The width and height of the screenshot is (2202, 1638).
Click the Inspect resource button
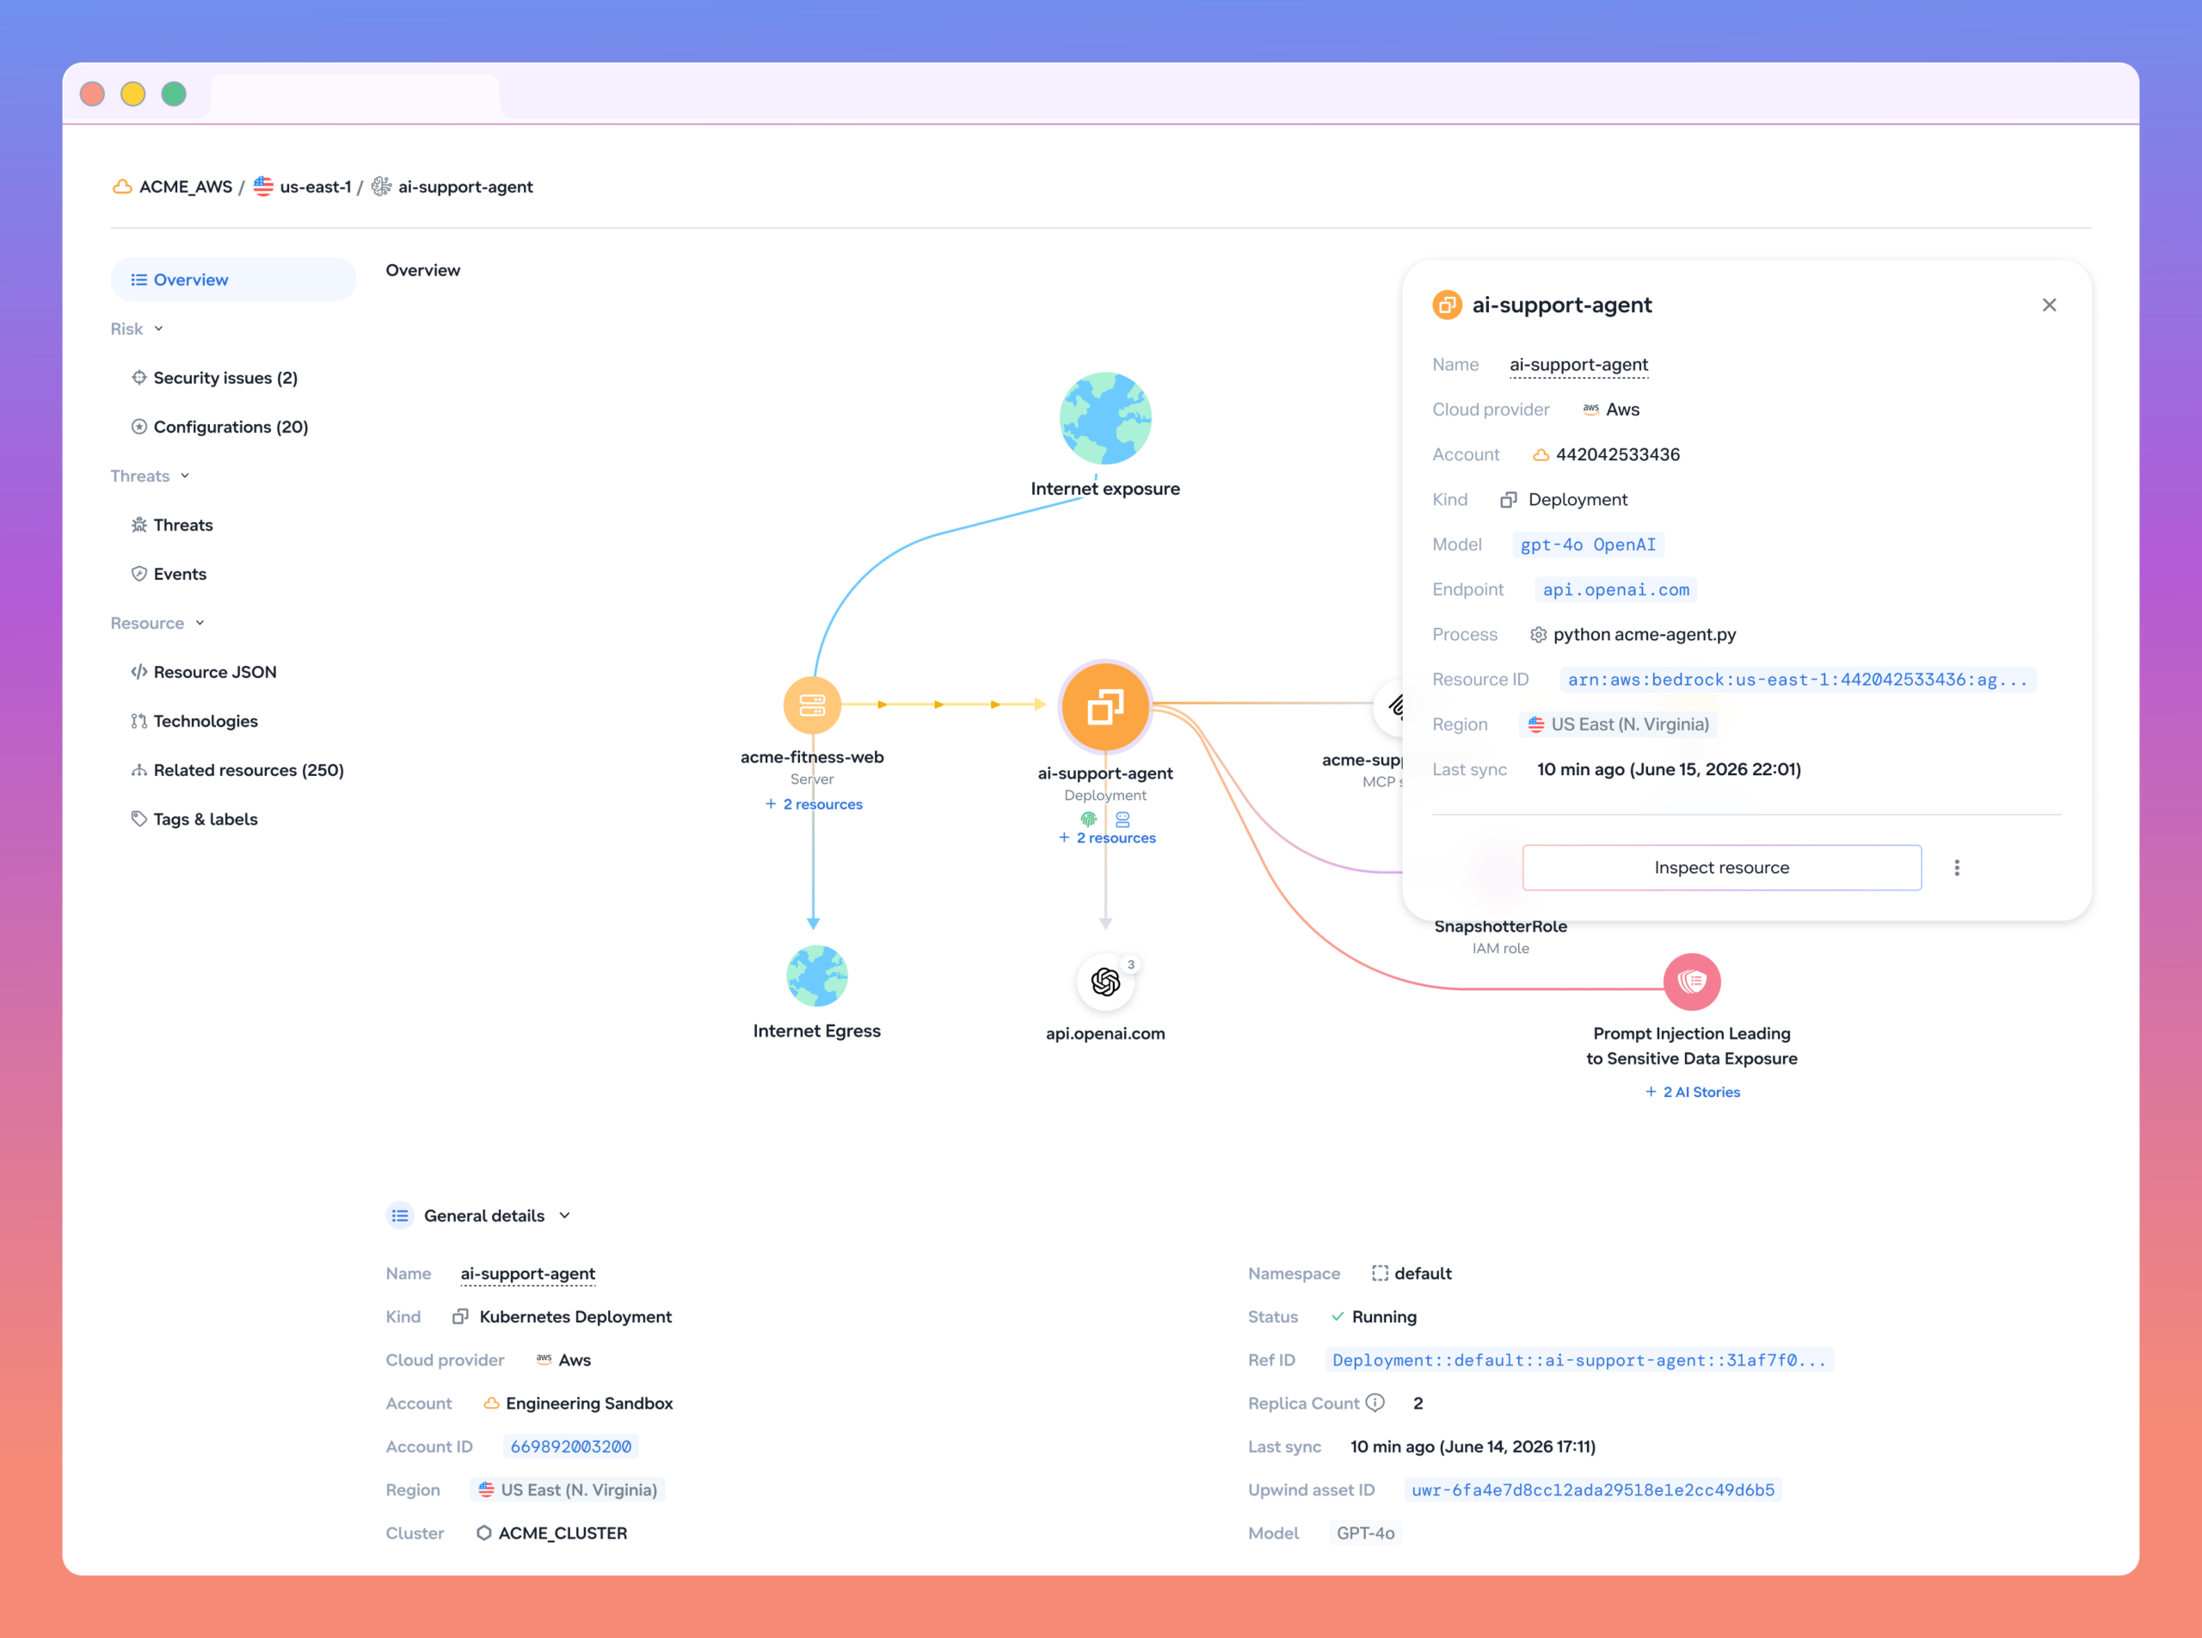pos(1721,867)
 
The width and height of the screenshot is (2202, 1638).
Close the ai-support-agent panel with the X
pos(2049,305)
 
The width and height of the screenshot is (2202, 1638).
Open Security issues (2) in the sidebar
pos(225,378)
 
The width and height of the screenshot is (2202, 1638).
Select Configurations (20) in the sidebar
pos(230,427)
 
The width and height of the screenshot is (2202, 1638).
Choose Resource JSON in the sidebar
pos(214,672)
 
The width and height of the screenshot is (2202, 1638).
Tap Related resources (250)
pos(248,771)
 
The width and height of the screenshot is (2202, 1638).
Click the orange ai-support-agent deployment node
pos(1105,707)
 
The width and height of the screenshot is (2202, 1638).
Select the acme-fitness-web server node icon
pos(812,705)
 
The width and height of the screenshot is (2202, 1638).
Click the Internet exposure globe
pos(1105,418)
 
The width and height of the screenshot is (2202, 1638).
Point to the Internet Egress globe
pos(817,976)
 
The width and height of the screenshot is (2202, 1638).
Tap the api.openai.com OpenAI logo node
pos(1105,982)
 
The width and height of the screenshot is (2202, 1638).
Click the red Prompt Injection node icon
pos(1691,982)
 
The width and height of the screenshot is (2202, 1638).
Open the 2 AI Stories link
pos(1693,1092)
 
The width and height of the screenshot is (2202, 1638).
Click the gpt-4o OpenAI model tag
pos(1587,545)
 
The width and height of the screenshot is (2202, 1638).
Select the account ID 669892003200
pos(570,1447)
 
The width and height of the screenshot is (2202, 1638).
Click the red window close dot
pos(92,94)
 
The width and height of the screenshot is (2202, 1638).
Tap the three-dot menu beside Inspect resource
pos(1956,867)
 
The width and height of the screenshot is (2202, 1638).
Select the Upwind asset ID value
pos(1592,1490)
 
